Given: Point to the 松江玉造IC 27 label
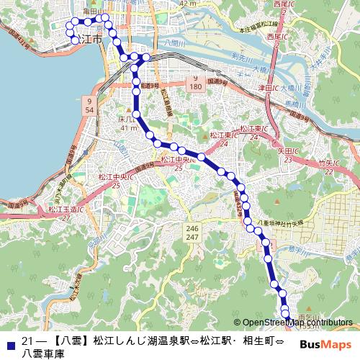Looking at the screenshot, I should pyautogui.click(x=65, y=212).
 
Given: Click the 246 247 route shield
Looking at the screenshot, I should pyautogui.click(x=192, y=232).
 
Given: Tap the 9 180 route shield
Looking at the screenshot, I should pyautogui.click(x=196, y=81).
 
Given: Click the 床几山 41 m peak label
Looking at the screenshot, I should pyautogui.click(x=128, y=122).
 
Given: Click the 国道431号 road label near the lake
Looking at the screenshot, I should pyautogui.click(x=17, y=39).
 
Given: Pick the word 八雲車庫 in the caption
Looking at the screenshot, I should pyautogui.click(x=42, y=354).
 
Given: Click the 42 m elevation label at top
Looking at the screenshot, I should pyautogui.click(x=189, y=4).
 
